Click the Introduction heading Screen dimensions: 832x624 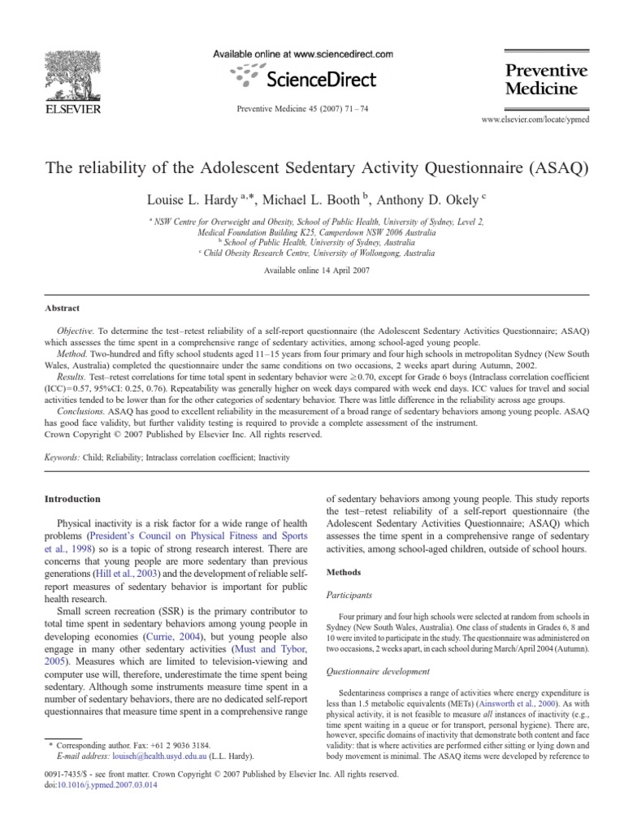point(74,499)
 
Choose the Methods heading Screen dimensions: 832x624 point(344,572)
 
